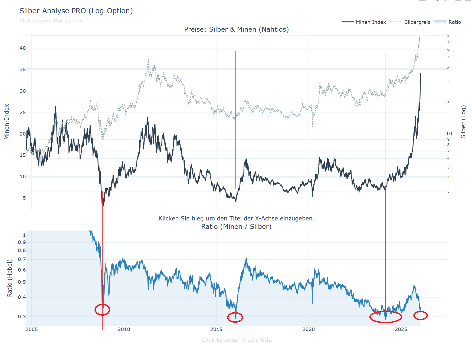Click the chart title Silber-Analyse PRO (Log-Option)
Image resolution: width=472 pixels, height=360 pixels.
tap(76, 11)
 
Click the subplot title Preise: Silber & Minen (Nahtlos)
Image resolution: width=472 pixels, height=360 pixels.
tap(236, 29)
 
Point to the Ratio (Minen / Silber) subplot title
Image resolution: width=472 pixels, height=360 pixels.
tap(236, 226)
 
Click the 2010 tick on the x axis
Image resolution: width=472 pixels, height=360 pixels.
tap(124, 329)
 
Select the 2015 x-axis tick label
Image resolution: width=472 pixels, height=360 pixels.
tap(216, 329)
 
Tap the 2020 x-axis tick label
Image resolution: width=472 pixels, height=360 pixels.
tap(309, 329)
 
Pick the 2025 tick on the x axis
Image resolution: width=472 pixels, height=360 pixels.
tap(401, 329)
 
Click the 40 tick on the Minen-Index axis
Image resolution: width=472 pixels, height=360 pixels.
tap(23, 48)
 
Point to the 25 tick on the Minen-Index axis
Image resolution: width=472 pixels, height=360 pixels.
tap(23, 112)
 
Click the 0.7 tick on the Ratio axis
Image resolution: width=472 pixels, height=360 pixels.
tap(22, 259)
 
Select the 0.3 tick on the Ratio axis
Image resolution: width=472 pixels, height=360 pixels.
tap(22, 317)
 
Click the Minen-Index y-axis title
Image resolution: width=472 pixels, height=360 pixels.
tap(7, 122)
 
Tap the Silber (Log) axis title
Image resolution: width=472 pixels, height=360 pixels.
tap(463, 122)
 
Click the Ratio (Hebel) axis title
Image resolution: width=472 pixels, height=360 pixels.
tap(10, 278)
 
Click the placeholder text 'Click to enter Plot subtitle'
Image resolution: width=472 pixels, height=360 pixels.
tap(51, 21)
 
